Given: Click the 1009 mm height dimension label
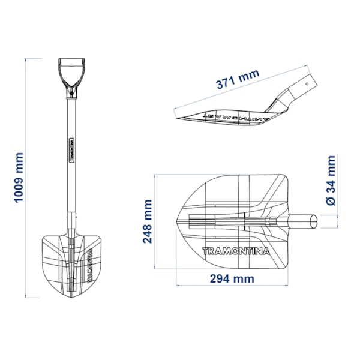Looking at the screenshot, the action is [19, 178].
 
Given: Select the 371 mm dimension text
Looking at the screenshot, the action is [238, 79].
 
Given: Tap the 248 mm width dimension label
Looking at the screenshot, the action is [147, 221].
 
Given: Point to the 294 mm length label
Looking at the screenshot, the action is [232, 279].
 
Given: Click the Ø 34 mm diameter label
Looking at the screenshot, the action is [331, 180].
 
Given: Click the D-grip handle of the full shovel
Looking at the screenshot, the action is [72, 78].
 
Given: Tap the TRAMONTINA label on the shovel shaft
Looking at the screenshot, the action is [71, 150].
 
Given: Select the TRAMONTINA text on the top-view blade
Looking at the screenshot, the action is [236, 251].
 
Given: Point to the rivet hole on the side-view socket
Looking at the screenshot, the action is [307, 84].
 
